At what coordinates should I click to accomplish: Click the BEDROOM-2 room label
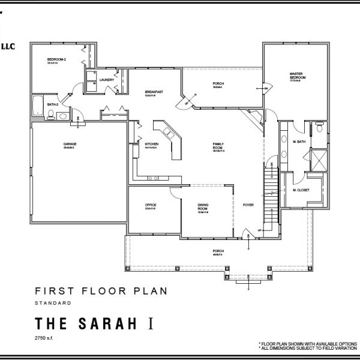[56, 59]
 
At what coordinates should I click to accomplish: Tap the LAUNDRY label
[107, 79]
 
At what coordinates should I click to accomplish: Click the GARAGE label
[69, 144]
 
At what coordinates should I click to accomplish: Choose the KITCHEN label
[151, 144]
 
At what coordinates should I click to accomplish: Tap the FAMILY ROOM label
[218, 146]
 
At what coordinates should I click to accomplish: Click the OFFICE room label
[151, 205]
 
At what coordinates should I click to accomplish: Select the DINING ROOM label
[203, 207]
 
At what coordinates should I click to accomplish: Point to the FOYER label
[248, 205]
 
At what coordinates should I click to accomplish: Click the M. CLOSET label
[301, 190]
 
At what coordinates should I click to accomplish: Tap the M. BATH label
[299, 142]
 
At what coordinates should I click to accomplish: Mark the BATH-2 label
[37, 104]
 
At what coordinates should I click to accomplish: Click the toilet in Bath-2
[50, 113]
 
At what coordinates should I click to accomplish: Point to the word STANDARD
[53, 302]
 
